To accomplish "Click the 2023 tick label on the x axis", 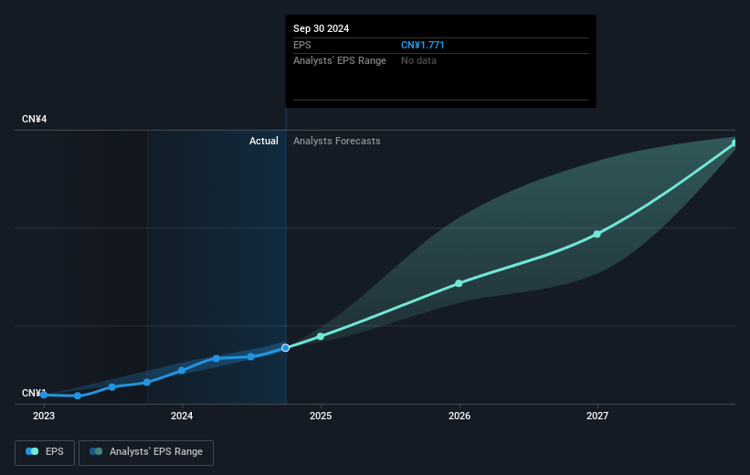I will pos(44,416).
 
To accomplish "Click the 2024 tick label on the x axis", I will pos(182,416).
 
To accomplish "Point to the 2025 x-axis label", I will pos(321,416).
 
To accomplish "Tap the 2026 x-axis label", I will pos(459,416).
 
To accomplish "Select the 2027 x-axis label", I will pos(597,416).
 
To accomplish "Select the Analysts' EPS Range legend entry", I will pos(146,451).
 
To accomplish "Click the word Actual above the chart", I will pos(263,141).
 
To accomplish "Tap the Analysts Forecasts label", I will pos(336,141).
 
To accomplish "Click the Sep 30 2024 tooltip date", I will pos(321,28).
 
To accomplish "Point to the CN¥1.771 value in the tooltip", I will pos(423,45).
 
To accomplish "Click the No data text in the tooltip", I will pos(418,60).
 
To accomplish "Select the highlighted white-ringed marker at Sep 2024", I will pos(286,348).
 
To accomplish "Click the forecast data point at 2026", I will pos(459,283).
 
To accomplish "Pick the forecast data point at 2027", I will pos(597,234).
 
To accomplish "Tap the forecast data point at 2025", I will pos(321,336).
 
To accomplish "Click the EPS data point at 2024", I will pos(182,370).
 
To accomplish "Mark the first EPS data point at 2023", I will pos(44,395).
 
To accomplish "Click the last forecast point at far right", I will pos(734,143).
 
